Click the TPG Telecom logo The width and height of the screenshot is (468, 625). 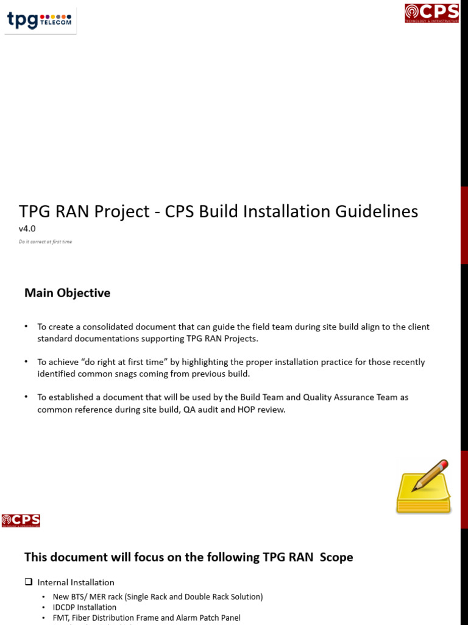(x=40, y=21)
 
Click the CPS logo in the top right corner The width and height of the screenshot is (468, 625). (x=432, y=13)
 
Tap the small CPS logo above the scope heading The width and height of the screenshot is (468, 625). (x=21, y=521)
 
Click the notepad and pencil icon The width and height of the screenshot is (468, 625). (x=424, y=487)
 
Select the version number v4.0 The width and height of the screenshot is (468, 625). (x=27, y=229)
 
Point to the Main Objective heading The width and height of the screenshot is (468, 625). (x=67, y=293)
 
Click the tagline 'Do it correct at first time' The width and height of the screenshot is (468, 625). (x=45, y=242)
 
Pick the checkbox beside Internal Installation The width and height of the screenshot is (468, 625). (x=28, y=582)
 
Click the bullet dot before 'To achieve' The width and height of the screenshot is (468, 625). (x=26, y=362)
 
